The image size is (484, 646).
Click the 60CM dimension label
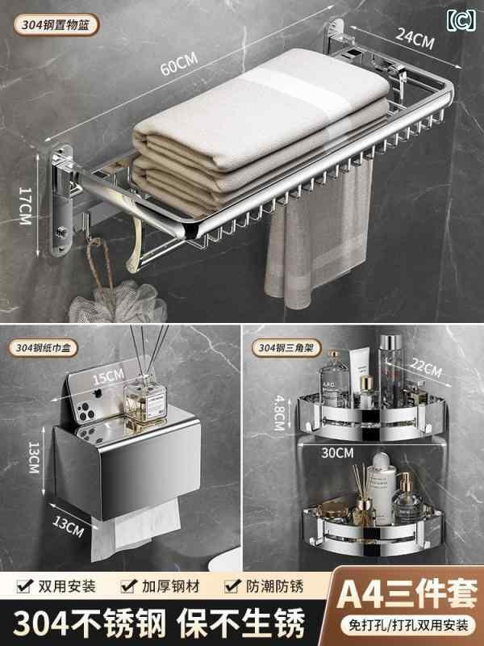[179, 64]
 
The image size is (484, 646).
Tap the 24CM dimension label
[415, 39]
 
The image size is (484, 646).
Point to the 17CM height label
[25, 206]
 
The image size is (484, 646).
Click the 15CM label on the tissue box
[109, 376]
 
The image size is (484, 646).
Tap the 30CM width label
[337, 453]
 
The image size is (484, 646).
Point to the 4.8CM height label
[279, 413]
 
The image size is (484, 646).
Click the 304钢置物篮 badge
[56, 25]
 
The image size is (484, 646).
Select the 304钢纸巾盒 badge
[44, 348]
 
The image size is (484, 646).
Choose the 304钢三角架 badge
[286, 348]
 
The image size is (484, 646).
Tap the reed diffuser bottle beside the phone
[145, 401]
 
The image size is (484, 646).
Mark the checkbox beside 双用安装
[25, 585]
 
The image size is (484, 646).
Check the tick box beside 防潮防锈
[232, 585]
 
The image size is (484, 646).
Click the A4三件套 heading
[407, 594]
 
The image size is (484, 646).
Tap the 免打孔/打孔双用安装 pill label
[409, 625]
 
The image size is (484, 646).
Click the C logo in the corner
[461, 19]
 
